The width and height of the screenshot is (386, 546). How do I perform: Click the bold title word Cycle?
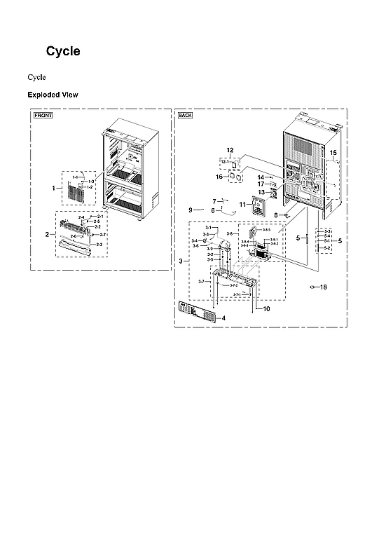(x=63, y=51)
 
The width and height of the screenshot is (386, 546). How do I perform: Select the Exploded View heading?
(x=53, y=95)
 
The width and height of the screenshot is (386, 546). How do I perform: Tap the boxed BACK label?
(x=186, y=115)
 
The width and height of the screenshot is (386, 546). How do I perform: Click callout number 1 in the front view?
(x=53, y=188)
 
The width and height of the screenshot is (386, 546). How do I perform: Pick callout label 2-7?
(x=103, y=234)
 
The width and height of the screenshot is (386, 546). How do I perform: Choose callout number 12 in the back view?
(x=229, y=151)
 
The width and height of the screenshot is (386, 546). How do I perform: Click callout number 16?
(x=219, y=177)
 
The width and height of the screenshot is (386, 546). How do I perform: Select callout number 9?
(x=190, y=210)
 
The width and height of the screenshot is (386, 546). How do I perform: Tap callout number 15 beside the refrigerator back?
(x=333, y=152)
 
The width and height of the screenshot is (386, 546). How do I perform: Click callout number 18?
(x=324, y=287)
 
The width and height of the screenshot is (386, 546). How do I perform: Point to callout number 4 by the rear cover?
(x=223, y=318)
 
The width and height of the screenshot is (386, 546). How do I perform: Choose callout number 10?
(x=266, y=308)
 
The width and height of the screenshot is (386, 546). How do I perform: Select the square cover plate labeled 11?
(x=259, y=207)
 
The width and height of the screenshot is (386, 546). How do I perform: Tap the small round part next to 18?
(x=312, y=287)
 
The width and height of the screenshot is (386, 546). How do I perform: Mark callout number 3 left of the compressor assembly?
(x=181, y=261)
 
